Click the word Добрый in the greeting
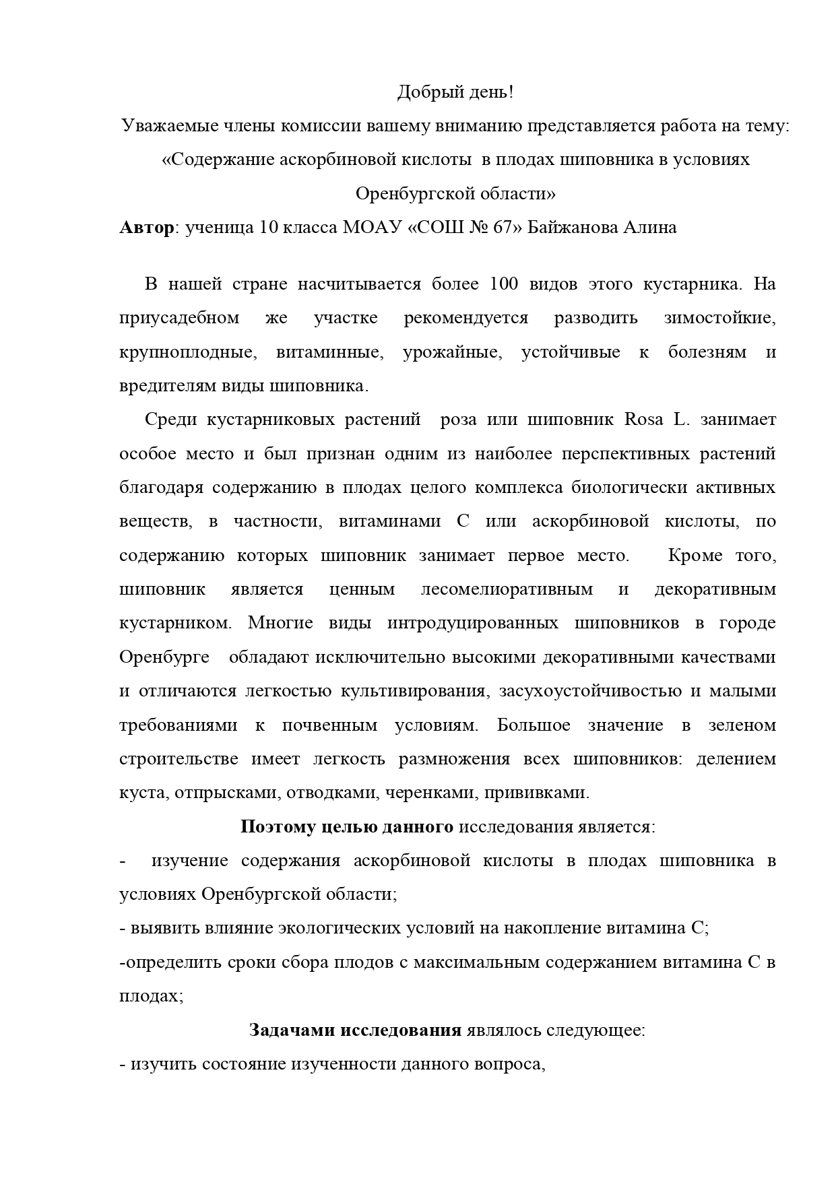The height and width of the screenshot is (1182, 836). click(x=422, y=92)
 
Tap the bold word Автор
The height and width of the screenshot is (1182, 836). click(x=146, y=228)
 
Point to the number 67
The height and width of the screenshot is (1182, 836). click(x=503, y=228)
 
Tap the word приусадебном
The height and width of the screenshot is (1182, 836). click(x=179, y=318)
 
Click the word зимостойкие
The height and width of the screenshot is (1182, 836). click(x=719, y=318)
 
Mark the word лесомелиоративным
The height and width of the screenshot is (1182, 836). click(x=507, y=589)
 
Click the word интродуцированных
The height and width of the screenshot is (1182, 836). click(x=473, y=623)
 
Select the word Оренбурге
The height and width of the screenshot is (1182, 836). click(x=164, y=657)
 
